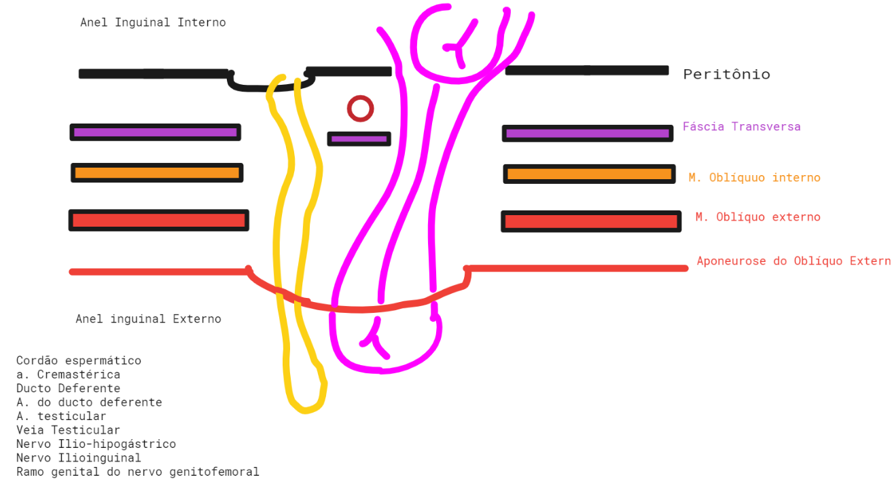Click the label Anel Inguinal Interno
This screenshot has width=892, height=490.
(153, 22)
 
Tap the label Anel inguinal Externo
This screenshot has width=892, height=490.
(148, 319)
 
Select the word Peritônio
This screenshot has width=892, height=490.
(726, 75)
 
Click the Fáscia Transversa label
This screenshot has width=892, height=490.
(741, 127)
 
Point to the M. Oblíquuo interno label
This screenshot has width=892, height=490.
(754, 178)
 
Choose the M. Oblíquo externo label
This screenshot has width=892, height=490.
(757, 217)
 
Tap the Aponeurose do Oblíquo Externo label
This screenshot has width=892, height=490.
(793, 261)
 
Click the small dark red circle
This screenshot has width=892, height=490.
(360, 109)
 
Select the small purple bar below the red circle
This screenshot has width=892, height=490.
(359, 139)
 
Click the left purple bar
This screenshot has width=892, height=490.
(156, 132)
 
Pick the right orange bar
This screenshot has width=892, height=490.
(589, 174)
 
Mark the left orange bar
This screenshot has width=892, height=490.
(157, 173)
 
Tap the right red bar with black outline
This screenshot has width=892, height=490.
(591, 221)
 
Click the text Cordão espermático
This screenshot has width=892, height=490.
(79, 361)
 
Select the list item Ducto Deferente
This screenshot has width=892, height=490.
(69, 389)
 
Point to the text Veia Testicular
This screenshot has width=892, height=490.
(68, 430)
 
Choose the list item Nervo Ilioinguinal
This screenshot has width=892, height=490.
(79, 458)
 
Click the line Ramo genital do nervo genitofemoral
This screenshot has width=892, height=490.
(138, 472)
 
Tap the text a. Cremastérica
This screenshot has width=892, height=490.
(69, 375)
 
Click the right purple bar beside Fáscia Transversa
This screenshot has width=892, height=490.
(588, 134)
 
